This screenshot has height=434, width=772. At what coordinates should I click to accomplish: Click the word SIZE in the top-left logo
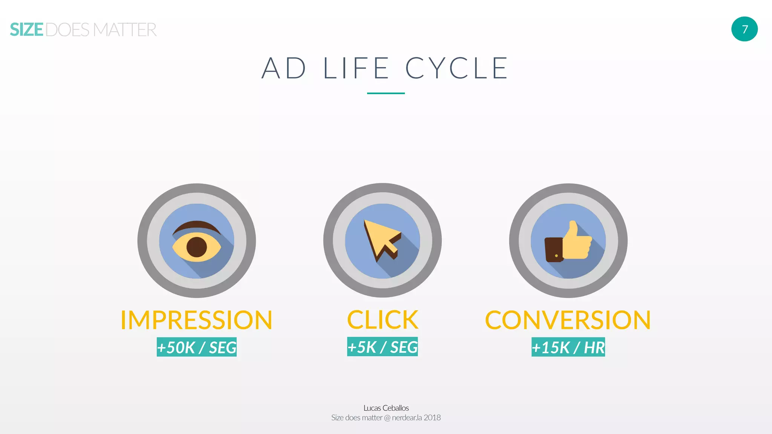(x=27, y=30)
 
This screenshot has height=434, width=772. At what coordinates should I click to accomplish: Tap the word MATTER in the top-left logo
(x=125, y=30)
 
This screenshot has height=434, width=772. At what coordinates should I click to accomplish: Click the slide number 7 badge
(x=744, y=29)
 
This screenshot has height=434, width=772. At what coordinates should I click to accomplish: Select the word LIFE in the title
(x=356, y=68)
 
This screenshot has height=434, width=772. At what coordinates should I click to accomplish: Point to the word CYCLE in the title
(x=457, y=68)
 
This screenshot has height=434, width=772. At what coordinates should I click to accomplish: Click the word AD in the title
(x=284, y=68)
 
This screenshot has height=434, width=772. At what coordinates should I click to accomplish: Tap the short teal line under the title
(x=386, y=93)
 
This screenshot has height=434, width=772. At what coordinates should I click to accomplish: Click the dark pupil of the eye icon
(x=197, y=247)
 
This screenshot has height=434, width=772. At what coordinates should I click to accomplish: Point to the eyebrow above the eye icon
(x=196, y=226)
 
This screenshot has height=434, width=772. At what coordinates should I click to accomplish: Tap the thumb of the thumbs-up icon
(x=573, y=229)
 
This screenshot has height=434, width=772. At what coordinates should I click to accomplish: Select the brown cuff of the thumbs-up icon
(x=554, y=249)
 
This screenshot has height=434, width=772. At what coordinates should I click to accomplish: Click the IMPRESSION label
(x=196, y=320)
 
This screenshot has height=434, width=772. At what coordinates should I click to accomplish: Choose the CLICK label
(x=383, y=320)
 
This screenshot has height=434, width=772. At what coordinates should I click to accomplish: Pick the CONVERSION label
(x=568, y=320)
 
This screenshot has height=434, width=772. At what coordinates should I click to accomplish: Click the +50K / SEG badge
(x=197, y=347)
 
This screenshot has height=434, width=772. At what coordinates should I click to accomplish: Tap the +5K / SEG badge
(x=383, y=347)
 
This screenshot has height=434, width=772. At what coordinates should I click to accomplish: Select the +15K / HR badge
(x=568, y=347)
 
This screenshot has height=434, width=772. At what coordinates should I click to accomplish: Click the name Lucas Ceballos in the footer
(x=386, y=408)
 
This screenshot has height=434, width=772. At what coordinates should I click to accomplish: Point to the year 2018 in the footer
(x=432, y=418)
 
